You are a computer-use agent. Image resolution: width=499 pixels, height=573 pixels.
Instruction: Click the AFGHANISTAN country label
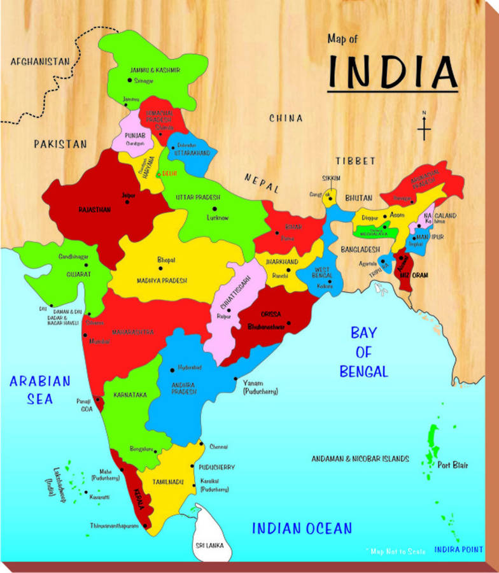[39, 61]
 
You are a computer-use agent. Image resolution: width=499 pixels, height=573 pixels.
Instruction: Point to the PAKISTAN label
[60, 144]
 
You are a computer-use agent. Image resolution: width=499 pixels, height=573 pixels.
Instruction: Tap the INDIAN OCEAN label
[302, 528]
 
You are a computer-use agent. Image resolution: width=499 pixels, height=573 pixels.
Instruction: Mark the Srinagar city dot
[129, 81]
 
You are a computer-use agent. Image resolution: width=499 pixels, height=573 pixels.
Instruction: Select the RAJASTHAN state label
[95, 209]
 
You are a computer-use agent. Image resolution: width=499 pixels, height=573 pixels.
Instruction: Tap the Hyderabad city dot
[172, 369]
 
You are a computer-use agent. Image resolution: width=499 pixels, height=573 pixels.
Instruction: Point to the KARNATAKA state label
[130, 395]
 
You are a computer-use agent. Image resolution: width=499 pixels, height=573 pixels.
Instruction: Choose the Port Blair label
[453, 465]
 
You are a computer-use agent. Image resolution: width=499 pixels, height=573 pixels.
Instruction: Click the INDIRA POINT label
[458, 549]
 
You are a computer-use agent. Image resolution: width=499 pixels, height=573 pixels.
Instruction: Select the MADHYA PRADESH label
[162, 281]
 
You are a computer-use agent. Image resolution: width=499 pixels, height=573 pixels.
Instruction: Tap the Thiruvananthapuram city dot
[146, 526]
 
